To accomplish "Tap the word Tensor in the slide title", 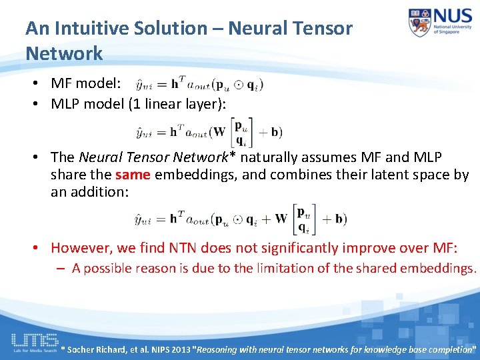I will pyautogui.click(x=323, y=28).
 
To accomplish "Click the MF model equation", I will pyautogui.click(x=199, y=84).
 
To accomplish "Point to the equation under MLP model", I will pyautogui.click(x=208, y=131).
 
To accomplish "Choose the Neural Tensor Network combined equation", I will pyautogui.click(x=240, y=219).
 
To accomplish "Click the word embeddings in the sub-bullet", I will pyautogui.click(x=438, y=269).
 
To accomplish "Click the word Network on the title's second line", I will pyautogui.click(x=64, y=53).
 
